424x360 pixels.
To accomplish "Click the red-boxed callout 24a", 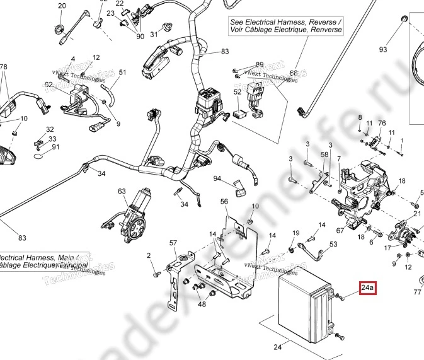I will [367, 289].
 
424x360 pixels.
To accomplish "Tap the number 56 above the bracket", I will [224, 202].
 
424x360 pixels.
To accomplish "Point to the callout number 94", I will [217, 179].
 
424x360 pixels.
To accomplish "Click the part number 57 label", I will [173, 243].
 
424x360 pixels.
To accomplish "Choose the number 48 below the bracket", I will [202, 304].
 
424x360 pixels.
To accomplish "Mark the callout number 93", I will [382, 49].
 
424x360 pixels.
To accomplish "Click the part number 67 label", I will [340, 231].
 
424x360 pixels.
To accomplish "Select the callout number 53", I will [333, 244].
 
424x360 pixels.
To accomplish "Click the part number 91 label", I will [55, 148].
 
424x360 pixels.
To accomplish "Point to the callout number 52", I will [238, 92].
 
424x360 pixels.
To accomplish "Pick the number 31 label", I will [154, 34].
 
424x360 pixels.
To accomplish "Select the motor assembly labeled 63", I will [132, 218].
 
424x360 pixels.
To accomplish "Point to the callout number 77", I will [417, 293].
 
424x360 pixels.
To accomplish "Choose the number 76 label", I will [382, 123].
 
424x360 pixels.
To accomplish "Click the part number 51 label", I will [123, 73].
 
